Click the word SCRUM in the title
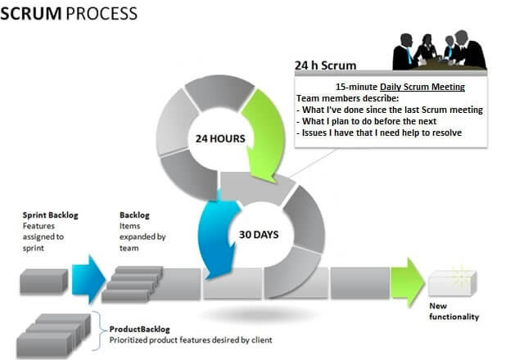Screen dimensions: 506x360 click(31, 14)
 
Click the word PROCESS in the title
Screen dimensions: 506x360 click(102, 14)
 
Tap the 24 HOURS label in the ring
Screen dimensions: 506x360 click(220, 139)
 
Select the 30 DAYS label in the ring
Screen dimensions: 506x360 click(259, 235)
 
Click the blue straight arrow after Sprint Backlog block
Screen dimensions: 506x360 click(88, 279)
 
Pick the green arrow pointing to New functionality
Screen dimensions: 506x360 click(407, 282)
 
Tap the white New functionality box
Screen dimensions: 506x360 click(453, 283)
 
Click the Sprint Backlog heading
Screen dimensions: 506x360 click(50, 215)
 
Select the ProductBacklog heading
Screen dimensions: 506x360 click(140, 330)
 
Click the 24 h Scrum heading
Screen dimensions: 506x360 click(325, 65)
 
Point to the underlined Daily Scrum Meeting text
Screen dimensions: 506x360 click(422, 87)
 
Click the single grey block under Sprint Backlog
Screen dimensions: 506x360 click(44, 281)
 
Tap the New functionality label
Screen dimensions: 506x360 click(454, 311)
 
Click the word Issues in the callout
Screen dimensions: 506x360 click(314, 133)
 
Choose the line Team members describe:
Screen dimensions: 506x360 click(347, 98)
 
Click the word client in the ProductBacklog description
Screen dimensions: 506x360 click(262, 340)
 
